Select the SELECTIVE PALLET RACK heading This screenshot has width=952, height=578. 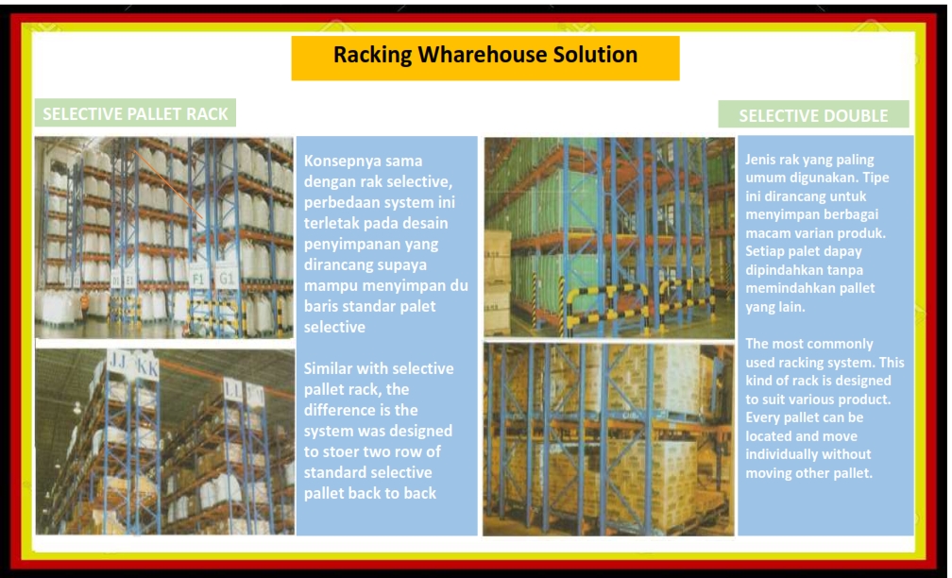click(135, 113)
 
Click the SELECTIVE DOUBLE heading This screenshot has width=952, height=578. click(813, 115)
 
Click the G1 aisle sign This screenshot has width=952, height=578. click(226, 278)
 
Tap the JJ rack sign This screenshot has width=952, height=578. click(116, 363)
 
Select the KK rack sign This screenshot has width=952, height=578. click(147, 367)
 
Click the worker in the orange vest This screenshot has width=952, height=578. click(85, 302)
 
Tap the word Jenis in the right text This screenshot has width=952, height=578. click(761, 160)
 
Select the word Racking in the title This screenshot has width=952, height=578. click(373, 55)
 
